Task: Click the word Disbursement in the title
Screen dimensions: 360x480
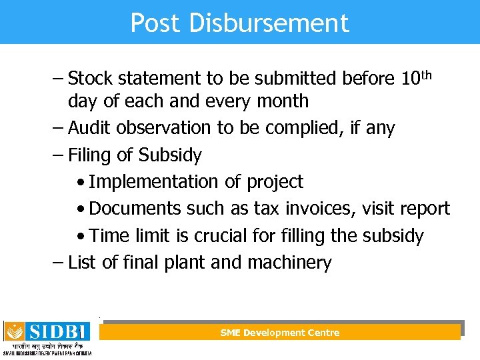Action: [269, 23]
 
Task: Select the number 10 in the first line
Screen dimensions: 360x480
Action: [410, 79]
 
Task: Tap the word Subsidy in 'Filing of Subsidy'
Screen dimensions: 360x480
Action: [169, 155]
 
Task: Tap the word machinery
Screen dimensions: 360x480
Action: [289, 263]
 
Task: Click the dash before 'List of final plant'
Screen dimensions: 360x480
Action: [59, 263]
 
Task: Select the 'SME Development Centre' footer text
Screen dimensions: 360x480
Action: [280, 333]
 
